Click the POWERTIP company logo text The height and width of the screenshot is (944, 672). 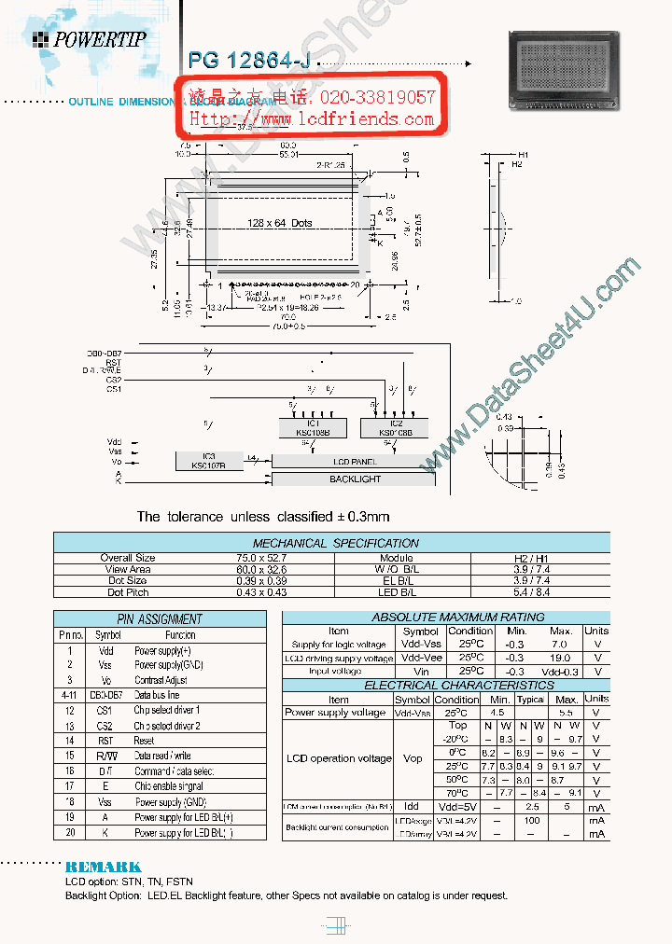(99, 38)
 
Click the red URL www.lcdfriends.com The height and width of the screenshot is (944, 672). (313, 119)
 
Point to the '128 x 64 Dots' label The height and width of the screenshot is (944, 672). (280, 224)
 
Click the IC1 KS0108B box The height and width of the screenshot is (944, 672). (313, 427)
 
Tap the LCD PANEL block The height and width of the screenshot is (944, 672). (355, 462)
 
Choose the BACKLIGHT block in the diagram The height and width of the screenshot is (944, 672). (355, 479)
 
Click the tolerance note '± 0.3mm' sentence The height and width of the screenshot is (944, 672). (263, 516)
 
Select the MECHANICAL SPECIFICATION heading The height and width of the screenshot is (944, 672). (336, 543)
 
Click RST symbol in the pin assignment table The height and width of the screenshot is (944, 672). (105, 740)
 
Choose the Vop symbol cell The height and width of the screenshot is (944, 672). (412, 758)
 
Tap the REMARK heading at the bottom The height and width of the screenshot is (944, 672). (104, 867)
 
